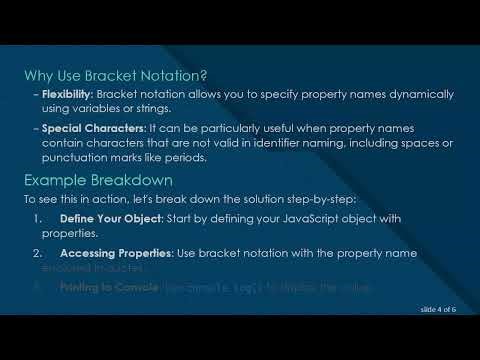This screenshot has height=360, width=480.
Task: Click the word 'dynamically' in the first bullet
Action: coord(407,93)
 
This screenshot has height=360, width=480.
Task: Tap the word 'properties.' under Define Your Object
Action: coord(68,231)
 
